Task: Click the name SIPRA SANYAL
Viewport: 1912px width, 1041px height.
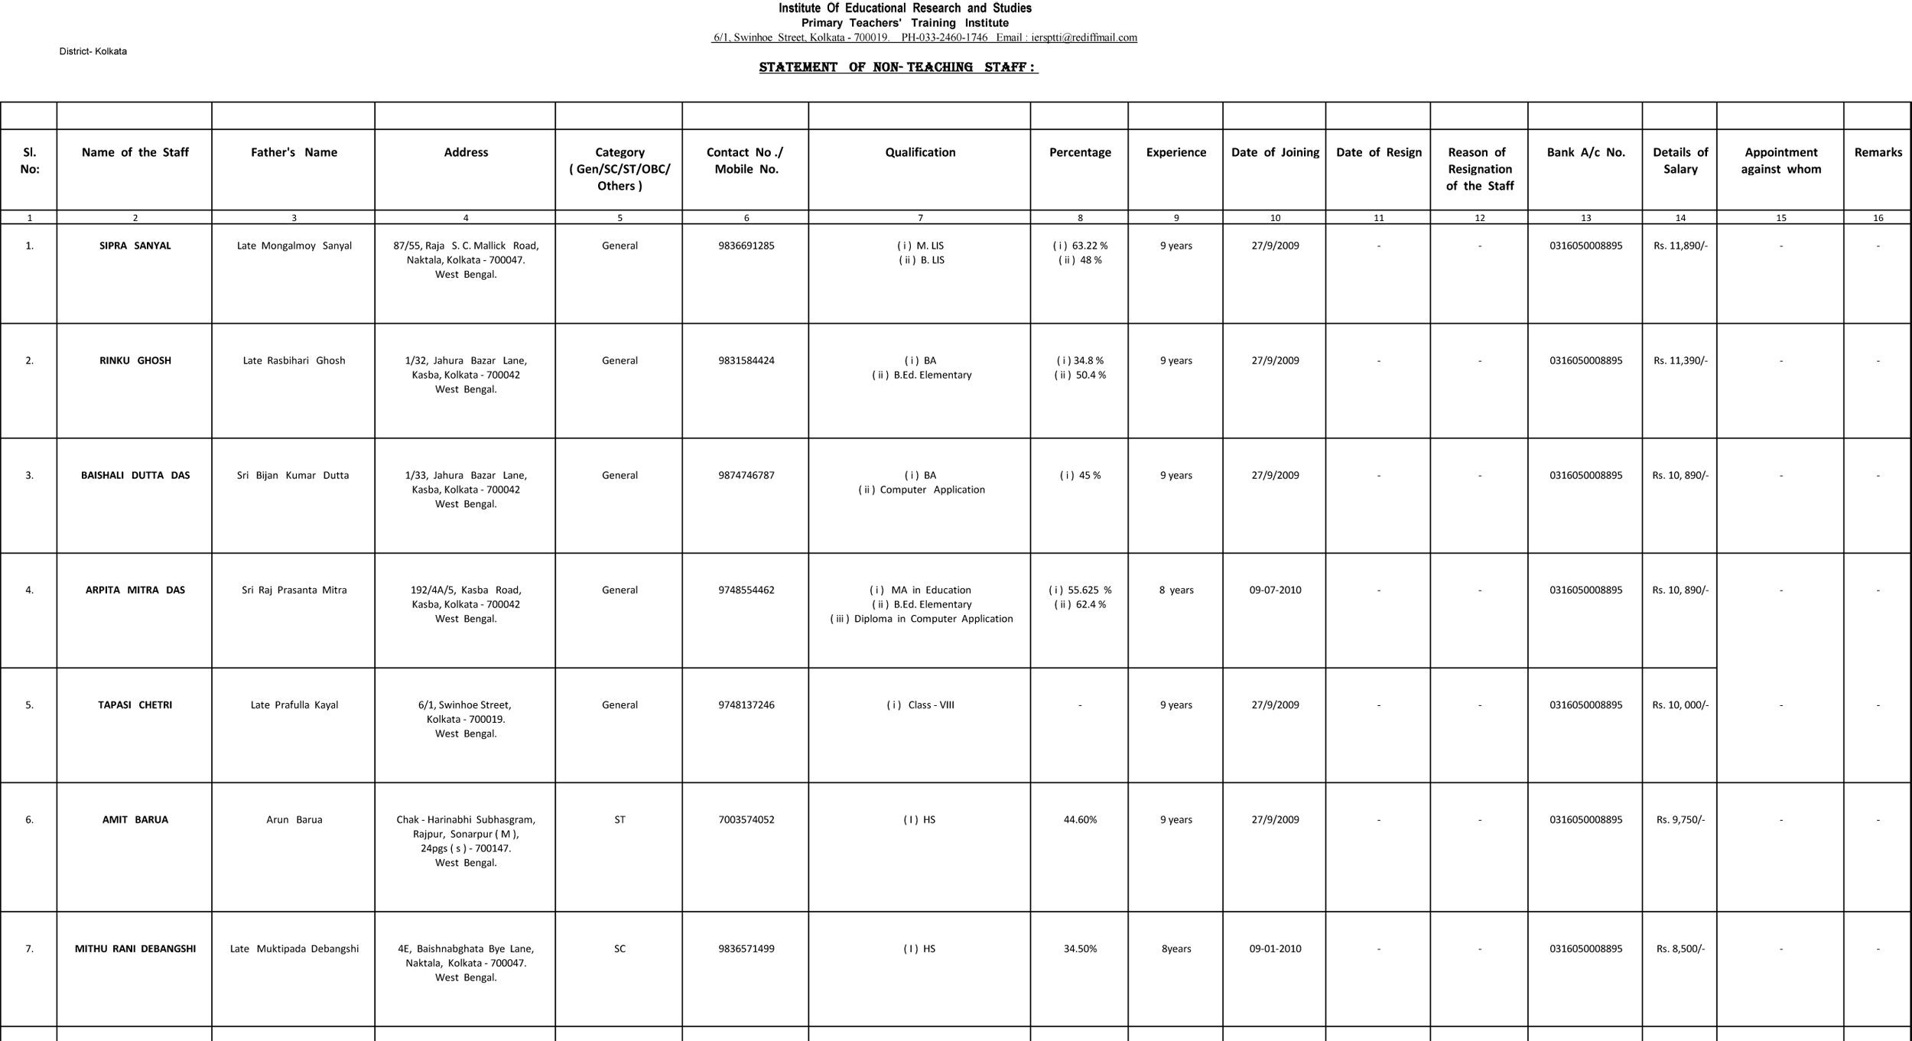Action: coord(135,246)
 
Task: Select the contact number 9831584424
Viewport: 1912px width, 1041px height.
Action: coord(746,360)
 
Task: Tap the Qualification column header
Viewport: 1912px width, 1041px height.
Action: coord(920,152)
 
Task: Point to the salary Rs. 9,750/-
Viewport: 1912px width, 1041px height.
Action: coord(1680,819)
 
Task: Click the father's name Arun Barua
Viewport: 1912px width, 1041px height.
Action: coord(294,819)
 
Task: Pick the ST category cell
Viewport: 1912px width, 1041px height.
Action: coord(619,819)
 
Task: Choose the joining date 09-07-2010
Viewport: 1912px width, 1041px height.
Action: coord(1275,590)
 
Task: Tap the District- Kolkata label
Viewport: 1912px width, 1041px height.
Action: coord(93,51)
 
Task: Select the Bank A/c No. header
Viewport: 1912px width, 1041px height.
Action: coord(1585,152)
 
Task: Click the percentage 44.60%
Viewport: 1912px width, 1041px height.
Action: coord(1080,819)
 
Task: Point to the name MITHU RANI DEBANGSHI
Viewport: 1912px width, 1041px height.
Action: coord(135,948)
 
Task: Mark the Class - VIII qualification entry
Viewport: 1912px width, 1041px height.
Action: coord(920,704)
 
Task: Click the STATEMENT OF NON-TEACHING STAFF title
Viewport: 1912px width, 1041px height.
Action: coord(898,67)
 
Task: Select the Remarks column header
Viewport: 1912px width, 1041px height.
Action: coord(1878,152)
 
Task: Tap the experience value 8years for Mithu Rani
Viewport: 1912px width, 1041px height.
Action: coord(1175,948)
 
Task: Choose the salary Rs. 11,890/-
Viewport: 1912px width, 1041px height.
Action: coord(1680,246)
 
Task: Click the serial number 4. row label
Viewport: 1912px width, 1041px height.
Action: coord(29,590)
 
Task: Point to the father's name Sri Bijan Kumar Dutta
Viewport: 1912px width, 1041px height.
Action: coord(293,475)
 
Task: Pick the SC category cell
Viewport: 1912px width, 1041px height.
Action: coord(619,948)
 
